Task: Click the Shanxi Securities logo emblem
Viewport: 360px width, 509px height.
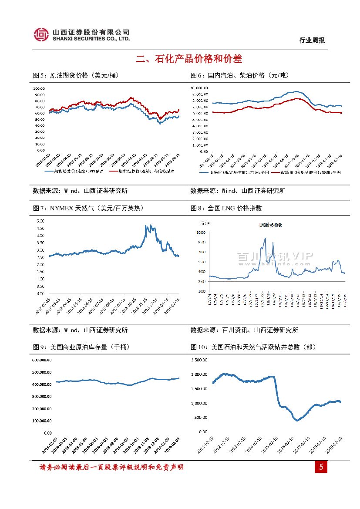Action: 41,35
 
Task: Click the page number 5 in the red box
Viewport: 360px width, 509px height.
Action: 321,467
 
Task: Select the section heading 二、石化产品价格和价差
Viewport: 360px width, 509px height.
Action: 188,59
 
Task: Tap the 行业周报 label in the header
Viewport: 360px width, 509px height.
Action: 312,40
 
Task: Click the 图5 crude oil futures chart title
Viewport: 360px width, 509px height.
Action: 76,75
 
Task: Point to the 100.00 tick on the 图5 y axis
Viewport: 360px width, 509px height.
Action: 39,88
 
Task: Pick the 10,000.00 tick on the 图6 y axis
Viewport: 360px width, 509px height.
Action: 199,88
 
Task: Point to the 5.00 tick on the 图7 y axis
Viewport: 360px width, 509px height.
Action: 40,221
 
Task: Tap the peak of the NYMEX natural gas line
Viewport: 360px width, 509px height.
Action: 146,226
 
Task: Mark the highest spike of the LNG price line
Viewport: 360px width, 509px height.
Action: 265,238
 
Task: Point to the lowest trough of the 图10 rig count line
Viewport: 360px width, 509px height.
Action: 297,420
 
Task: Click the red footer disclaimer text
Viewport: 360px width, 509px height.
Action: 111,467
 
